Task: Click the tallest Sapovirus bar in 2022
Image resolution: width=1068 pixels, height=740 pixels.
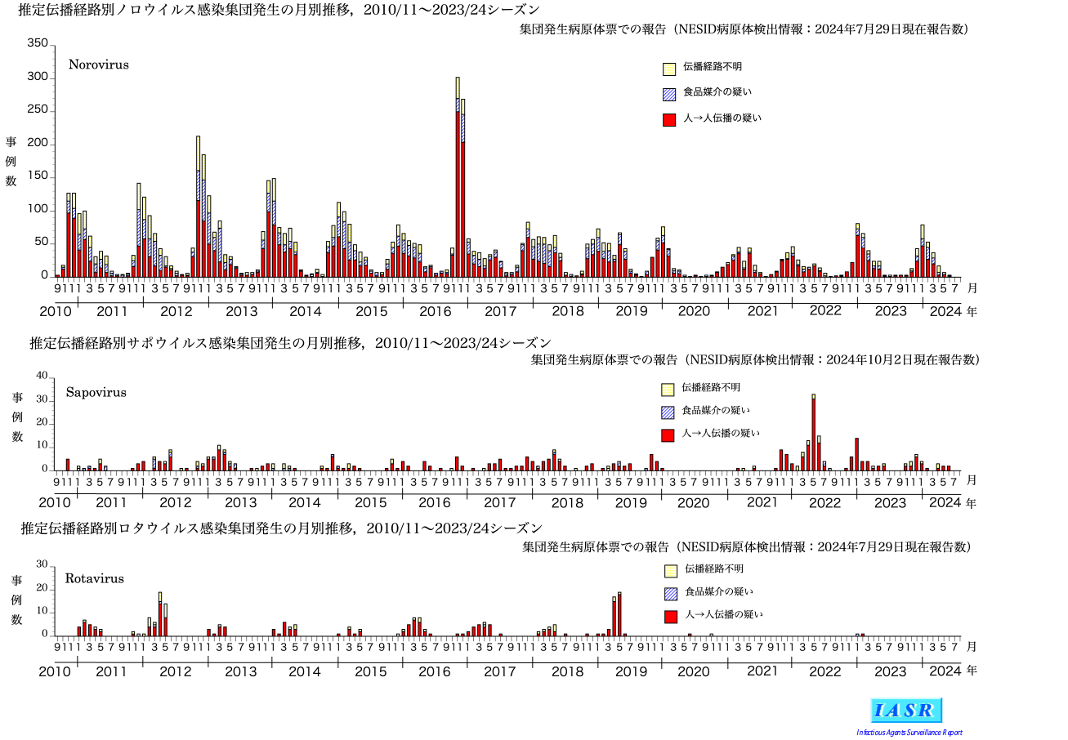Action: (814, 433)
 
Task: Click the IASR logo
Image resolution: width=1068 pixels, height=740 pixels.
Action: (906, 710)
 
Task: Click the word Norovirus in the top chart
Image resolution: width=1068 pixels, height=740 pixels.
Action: (99, 64)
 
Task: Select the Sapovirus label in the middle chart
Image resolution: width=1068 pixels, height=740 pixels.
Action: (96, 392)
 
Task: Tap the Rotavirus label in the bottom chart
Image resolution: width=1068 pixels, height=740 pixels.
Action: (95, 578)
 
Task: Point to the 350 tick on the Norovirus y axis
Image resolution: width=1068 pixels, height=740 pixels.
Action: (38, 43)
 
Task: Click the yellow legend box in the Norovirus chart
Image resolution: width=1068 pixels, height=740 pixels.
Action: (669, 69)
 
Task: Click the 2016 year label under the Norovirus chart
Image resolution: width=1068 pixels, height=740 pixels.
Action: (435, 311)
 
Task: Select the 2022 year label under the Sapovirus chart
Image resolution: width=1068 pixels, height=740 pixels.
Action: (825, 502)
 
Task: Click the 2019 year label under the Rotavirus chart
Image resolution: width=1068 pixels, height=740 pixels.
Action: (631, 671)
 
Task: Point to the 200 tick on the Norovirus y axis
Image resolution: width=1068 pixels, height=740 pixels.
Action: (38, 144)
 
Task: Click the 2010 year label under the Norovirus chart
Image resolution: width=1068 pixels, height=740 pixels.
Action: (56, 311)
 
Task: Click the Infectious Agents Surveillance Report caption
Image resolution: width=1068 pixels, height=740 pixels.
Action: (909, 732)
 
